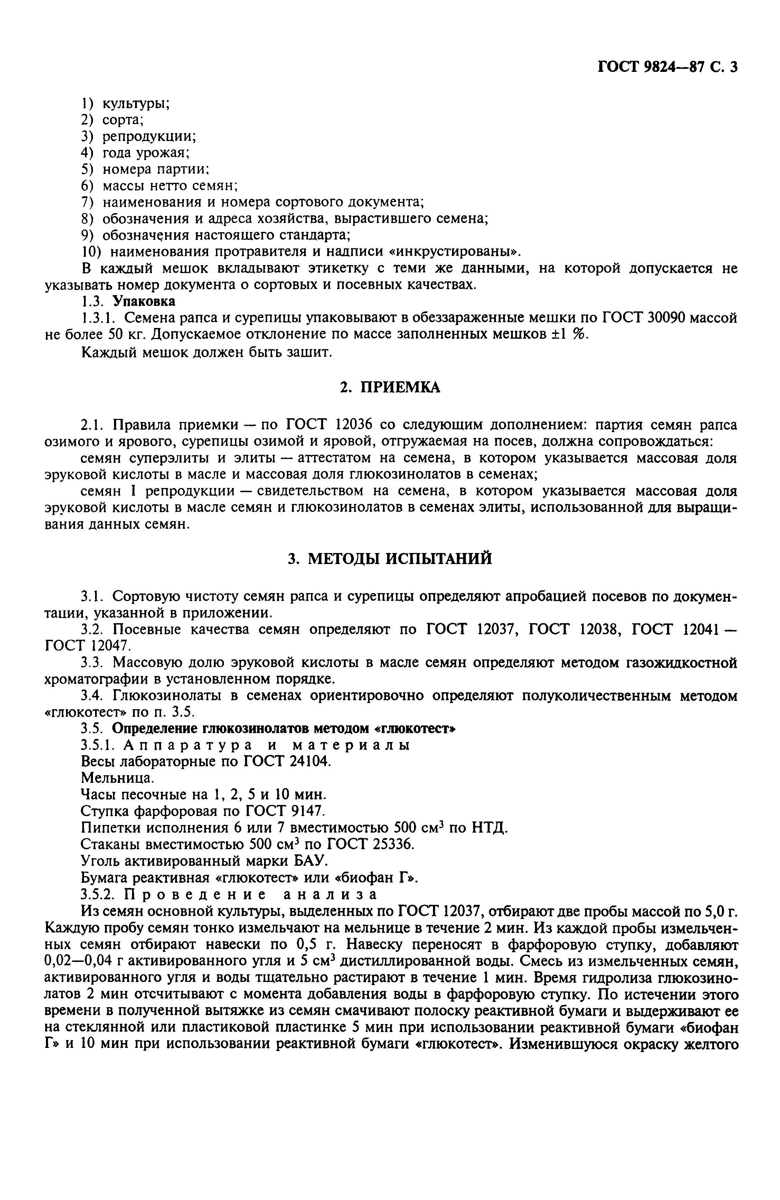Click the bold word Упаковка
point(144,301)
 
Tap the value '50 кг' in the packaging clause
point(131,334)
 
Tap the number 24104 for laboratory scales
point(309,761)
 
